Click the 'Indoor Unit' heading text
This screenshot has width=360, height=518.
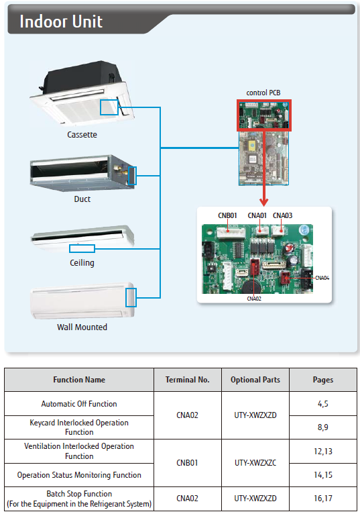tap(61, 21)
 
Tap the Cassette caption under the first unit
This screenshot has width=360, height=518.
tap(82, 135)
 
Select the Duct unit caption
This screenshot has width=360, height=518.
tap(82, 199)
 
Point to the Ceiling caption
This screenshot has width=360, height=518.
tap(82, 263)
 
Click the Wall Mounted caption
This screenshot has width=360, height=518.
tap(82, 327)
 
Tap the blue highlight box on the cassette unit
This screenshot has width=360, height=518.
tap(109, 107)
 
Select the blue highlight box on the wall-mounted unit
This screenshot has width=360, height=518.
tap(131, 297)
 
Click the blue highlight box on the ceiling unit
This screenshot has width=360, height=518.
tap(82, 249)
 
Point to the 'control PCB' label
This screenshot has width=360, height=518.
tap(263, 93)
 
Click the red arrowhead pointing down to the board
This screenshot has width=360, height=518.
tap(263, 202)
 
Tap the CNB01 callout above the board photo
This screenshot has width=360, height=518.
tap(227, 215)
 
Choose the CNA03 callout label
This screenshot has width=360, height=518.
tap(282, 215)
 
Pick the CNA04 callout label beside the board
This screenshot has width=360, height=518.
tap(322, 278)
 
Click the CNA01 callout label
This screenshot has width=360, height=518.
tap(257, 215)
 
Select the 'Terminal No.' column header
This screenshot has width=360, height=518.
tap(188, 380)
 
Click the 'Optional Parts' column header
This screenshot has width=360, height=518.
tap(255, 380)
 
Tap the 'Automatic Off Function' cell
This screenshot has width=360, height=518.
tap(79, 404)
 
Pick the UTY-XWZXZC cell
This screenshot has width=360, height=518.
tap(255, 463)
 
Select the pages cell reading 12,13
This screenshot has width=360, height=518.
tap(323, 452)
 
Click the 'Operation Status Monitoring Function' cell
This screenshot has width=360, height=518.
tap(79, 475)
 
